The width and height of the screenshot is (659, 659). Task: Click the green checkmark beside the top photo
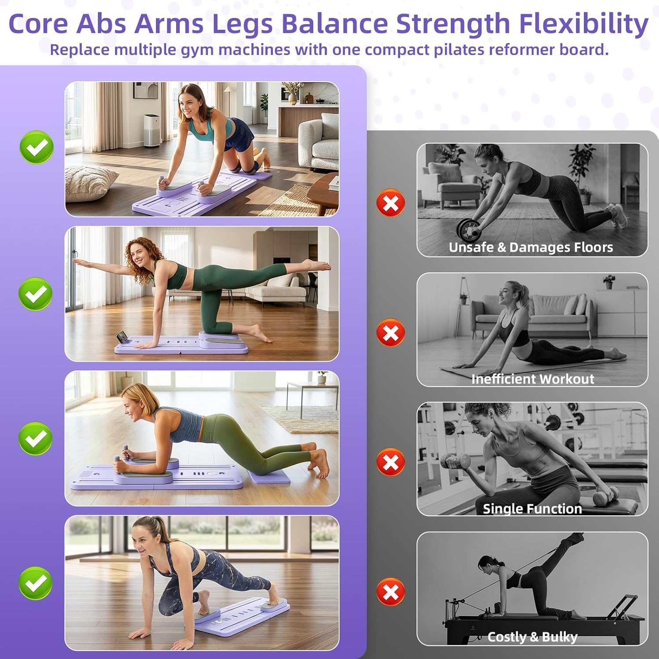[x=37, y=147]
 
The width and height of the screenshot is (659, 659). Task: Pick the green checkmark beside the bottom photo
[x=36, y=583]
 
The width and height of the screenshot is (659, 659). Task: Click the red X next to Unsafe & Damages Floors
[x=391, y=203]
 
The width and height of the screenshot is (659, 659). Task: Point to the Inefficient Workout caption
[x=532, y=379]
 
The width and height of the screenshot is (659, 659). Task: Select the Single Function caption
[x=532, y=508]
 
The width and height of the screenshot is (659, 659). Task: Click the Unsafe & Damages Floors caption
[x=531, y=247]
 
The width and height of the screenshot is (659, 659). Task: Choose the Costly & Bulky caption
[x=532, y=637]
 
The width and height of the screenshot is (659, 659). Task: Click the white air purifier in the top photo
[x=152, y=130]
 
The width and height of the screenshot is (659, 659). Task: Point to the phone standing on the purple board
[x=122, y=337]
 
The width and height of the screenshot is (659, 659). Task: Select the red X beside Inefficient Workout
[x=391, y=333]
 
